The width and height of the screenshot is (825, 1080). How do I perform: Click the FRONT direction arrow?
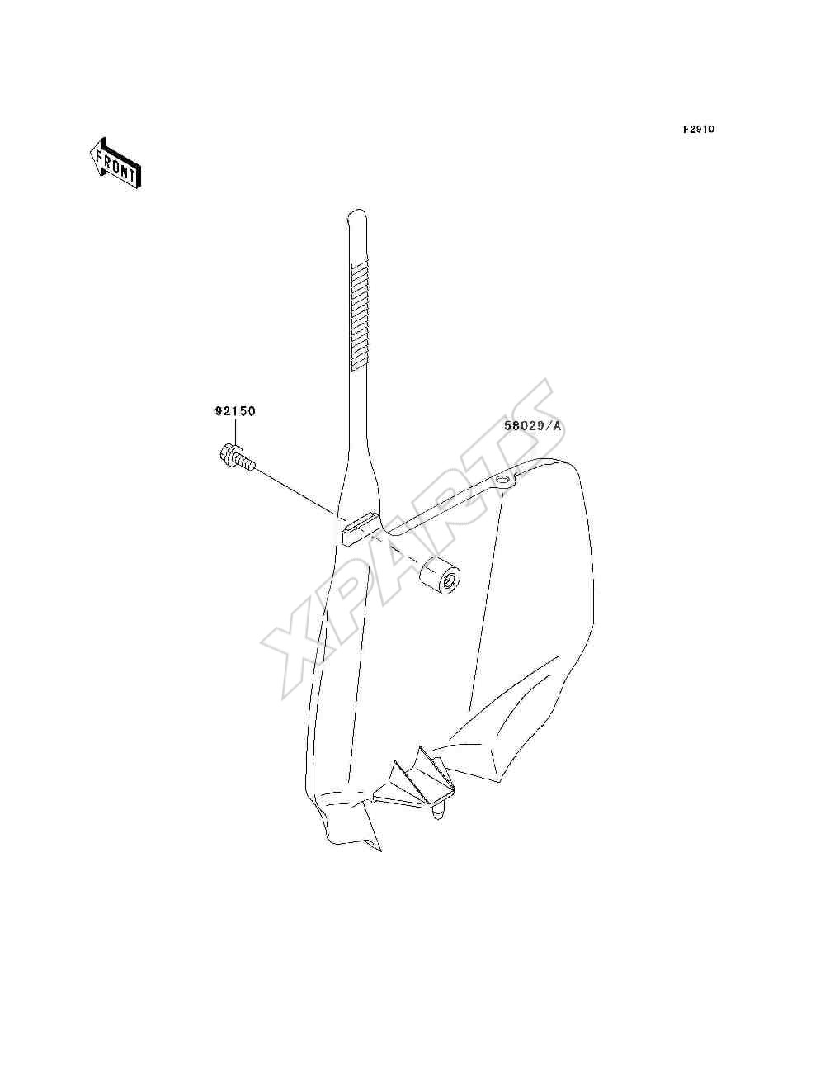click(115, 163)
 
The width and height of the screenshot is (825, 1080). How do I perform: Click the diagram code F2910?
click(698, 130)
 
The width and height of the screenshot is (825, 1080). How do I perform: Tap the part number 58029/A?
click(532, 426)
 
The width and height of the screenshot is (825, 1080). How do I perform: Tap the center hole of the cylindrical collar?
click(449, 584)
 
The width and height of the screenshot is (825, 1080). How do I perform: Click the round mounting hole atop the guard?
click(502, 480)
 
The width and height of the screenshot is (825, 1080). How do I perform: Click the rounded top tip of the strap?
click(356, 212)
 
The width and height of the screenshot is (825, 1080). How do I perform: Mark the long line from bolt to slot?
click(297, 493)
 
